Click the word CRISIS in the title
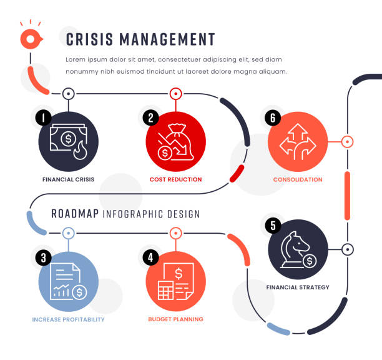pos(91,39)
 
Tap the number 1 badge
pos(42,117)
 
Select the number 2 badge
pos(150,117)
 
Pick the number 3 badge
pos(42,257)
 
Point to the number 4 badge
pos(150,257)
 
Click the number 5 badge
pos(272,225)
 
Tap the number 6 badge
pos(272,117)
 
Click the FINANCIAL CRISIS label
pos(68,179)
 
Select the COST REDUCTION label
pos(175,179)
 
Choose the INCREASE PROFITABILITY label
pos(68,319)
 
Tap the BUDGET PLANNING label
pos(175,319)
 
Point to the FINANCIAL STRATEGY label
pos(298,287)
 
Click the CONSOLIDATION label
pos(298,179)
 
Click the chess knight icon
pos(296,249)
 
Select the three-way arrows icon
pos(298,141)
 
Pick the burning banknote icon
pos(69,141)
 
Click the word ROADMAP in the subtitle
pos(74,214)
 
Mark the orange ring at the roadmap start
pos(29,39)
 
